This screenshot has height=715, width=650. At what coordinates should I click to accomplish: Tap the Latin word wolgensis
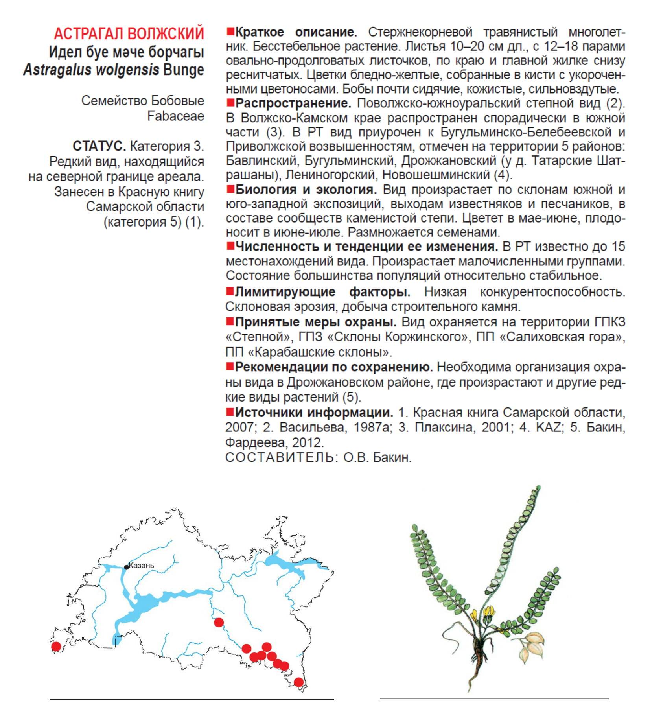click(127, 70)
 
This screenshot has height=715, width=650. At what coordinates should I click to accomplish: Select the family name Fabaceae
click(175, 116)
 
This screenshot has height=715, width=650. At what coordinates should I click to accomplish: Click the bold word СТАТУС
click(99, 146)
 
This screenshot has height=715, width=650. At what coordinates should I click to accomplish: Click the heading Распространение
click(293, 103)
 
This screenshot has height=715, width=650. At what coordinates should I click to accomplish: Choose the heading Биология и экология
click(306, 190)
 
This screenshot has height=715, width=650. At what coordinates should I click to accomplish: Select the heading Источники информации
click(314, 413)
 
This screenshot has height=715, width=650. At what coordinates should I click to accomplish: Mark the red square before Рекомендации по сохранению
click(230, 367)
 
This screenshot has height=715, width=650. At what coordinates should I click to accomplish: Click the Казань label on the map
click(142, 566)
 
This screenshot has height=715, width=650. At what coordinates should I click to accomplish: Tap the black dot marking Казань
click(126, 567)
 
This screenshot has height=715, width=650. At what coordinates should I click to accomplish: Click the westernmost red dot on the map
click(56, 646)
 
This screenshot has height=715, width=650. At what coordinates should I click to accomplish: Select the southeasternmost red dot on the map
click(298, 682)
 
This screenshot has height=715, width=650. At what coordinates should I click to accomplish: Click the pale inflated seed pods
click(531, 645)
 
